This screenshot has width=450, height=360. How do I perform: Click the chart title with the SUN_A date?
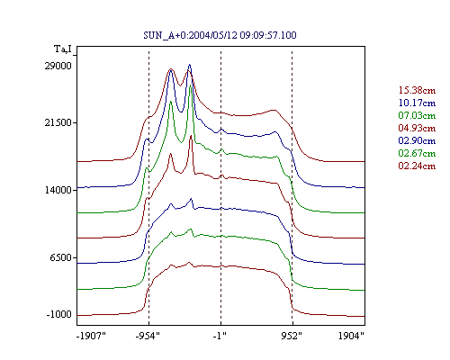[x=220, y=35]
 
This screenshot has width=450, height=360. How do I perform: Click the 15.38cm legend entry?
[x=417, y=90]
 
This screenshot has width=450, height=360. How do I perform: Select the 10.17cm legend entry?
[x=417, y=103]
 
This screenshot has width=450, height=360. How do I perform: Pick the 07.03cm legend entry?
[x=417, y=115]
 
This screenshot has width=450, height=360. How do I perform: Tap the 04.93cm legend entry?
[x=417, y=128]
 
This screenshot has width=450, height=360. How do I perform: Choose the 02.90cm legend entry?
[x=417, y=140]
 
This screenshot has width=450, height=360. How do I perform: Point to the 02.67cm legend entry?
[x=417, y=153]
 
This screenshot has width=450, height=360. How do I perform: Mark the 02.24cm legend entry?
[x=417, y=166]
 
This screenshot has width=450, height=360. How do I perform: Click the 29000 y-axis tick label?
[x=58, y=66]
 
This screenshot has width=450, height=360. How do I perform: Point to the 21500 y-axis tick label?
[x=58, y=122]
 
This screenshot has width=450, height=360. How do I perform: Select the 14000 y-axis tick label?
[x=58, y=190]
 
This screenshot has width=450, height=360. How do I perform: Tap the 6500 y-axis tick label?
[x=61, y=257]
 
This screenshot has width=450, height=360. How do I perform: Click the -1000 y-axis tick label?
[x=59, y=314]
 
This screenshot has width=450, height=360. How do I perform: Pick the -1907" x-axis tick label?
[x=92, y=336]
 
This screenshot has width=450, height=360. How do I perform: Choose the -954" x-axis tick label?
[x=148, y=336]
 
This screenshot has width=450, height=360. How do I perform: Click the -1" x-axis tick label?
[x=220, y=336]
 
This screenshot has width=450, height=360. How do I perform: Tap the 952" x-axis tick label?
[x=292, y=336]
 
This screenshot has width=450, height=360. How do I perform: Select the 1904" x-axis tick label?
[x=351, y=336]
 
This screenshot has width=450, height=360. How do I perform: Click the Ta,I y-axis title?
[x=63, y=49]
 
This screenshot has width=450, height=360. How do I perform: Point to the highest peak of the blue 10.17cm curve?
[x=189, y=65]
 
